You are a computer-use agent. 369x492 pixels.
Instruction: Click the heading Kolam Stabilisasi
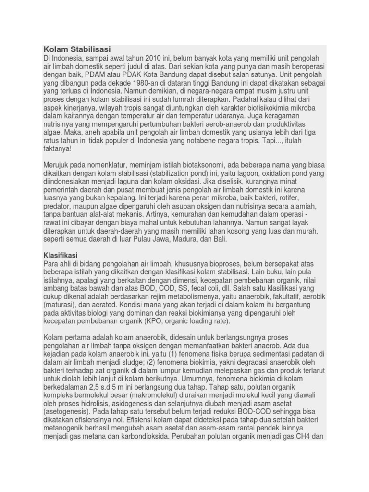[x=77, y=49]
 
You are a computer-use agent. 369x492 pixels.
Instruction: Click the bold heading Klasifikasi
[x=61, y=255]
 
